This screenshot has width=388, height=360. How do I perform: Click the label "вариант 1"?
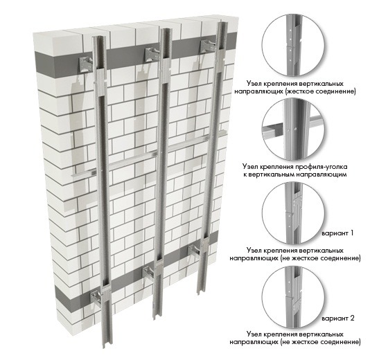click(x=337, y=233)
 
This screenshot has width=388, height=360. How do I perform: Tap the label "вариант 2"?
click(x=338, y=318)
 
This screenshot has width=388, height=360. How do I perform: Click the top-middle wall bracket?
click(x=152, y=54)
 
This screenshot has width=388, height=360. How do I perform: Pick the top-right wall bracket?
click(x=209, y=46)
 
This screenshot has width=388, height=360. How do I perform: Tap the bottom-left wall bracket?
click(x=97, y=299)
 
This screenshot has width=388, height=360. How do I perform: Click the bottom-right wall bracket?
click(x=195, y=252)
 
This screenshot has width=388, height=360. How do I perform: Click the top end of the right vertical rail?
click(x=222, y=24)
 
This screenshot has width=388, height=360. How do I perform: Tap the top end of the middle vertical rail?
click(x=166, y=30)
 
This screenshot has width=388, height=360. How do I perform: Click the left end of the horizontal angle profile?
click(x=72, y=176)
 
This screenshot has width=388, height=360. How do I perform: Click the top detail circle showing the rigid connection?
click(x=294, y=45)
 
